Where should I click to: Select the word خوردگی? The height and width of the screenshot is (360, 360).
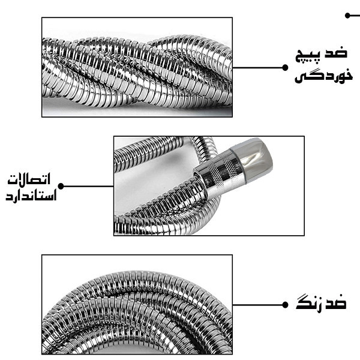point(323,75)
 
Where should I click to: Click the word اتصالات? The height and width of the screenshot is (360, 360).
point(29,179)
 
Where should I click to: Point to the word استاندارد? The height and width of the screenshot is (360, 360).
point(31,196)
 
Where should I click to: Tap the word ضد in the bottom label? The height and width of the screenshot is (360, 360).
point(338,303)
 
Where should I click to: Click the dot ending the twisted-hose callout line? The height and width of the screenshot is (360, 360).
point(285,68)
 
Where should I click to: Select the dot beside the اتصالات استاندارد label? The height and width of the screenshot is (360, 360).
point(61,186)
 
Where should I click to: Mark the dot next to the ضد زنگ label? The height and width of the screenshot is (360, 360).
point(285,305)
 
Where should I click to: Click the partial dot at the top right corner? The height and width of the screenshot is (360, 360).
point(347,16)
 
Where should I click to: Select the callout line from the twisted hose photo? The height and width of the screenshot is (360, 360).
point(259,68)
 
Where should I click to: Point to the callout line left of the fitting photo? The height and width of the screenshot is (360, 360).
point(87,186)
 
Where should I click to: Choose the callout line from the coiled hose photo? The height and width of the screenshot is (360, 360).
point(259,305)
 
